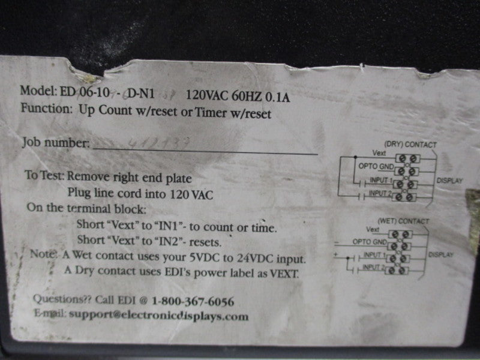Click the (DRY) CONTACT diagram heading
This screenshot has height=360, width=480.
pyautogui.click(x=409, y=145)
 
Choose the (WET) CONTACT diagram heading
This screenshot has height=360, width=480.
pyautogui.click(x=403, y=221)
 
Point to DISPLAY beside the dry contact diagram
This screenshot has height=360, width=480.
pyautogui.click(x=449, y=178)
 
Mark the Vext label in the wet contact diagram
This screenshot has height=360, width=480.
pyautogui.click(x=373, y=230)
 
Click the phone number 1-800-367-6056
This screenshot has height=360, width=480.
pyautogui.click(x=193, y=301)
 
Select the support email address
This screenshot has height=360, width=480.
pyautogui.click(x=158, y=316)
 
